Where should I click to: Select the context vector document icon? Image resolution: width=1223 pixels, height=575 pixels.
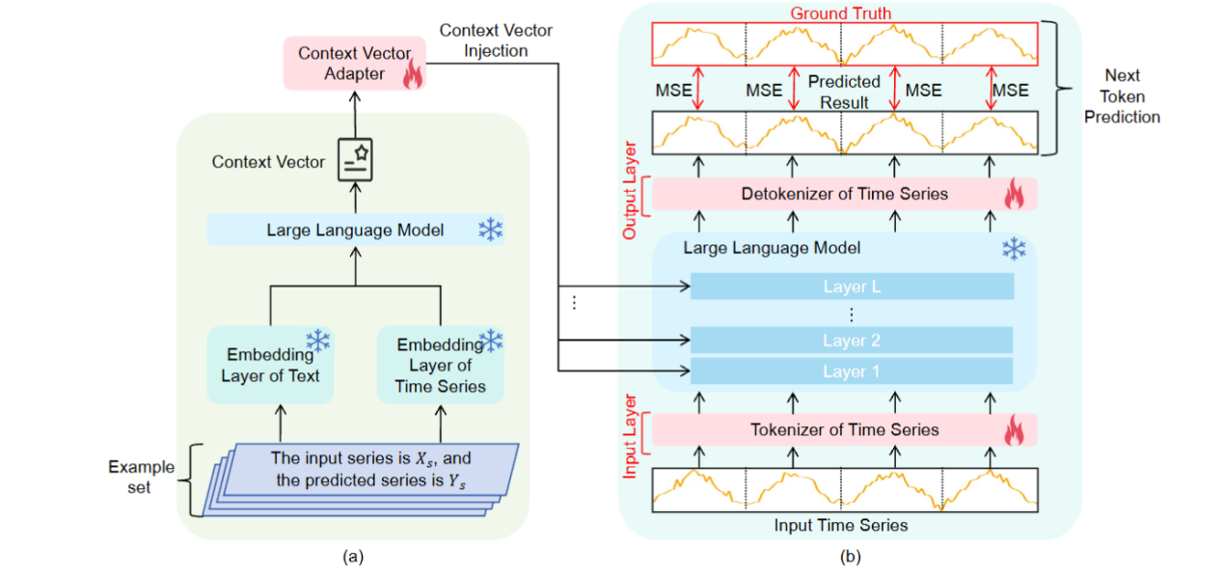(x=355, y=161)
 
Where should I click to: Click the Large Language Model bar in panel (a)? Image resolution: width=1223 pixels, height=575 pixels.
(x=355, y=231)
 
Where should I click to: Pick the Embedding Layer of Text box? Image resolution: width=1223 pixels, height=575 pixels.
(x=270, y=364)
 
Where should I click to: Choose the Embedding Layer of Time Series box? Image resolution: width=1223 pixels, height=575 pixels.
(x=440, y=364)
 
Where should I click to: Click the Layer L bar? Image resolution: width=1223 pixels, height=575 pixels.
(x=852, y=287)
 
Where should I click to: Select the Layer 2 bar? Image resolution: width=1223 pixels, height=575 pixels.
(x=852, y=341)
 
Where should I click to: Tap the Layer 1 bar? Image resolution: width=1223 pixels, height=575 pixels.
(x=852, y=371)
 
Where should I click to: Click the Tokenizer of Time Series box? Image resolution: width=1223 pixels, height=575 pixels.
(x=844, y=429)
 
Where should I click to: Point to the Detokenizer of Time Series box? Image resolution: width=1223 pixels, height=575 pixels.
(x=844, y=194)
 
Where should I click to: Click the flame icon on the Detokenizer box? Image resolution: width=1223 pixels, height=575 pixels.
(x=1013, y=196)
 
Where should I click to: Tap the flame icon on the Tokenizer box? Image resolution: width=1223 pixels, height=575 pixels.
(x=1013, y=431)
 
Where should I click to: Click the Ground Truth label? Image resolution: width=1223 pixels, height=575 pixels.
(x=841, y=14)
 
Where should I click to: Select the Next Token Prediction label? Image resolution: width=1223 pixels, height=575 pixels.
(x=1122, y=96)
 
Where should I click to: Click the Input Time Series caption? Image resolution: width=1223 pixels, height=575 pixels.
(x=841, y=525)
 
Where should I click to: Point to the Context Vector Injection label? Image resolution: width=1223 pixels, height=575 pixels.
(x=496, y=41)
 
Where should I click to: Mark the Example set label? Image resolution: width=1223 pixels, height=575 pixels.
(x=141, y=477)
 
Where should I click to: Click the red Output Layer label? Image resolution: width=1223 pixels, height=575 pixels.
(x=630, y=193)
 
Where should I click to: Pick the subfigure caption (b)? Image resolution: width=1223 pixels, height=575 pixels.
(x=851, y=556)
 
